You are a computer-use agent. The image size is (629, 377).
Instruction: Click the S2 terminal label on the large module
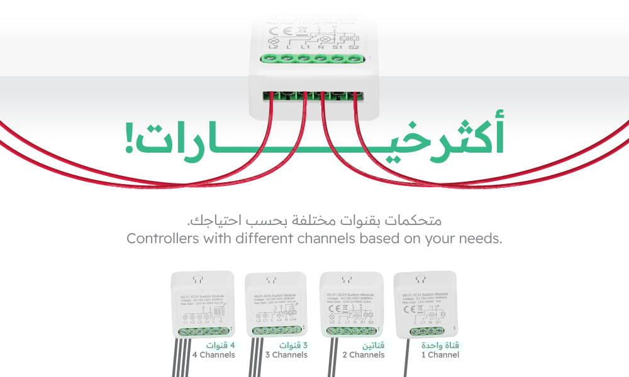point(354,47)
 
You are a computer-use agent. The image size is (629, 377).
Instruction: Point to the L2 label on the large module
point(273,47)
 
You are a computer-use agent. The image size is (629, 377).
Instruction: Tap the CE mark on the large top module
point(274,30)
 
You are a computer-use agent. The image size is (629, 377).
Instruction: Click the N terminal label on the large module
point(321,47)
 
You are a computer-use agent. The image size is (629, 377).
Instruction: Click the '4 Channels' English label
point(213,355)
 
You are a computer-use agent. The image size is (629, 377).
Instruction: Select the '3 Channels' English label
point(286,355)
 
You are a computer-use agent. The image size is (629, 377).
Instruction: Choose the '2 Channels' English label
point(363,355)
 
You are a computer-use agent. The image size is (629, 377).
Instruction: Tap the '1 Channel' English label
point(440,355)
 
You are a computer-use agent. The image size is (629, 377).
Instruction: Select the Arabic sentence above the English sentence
point(314,221)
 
